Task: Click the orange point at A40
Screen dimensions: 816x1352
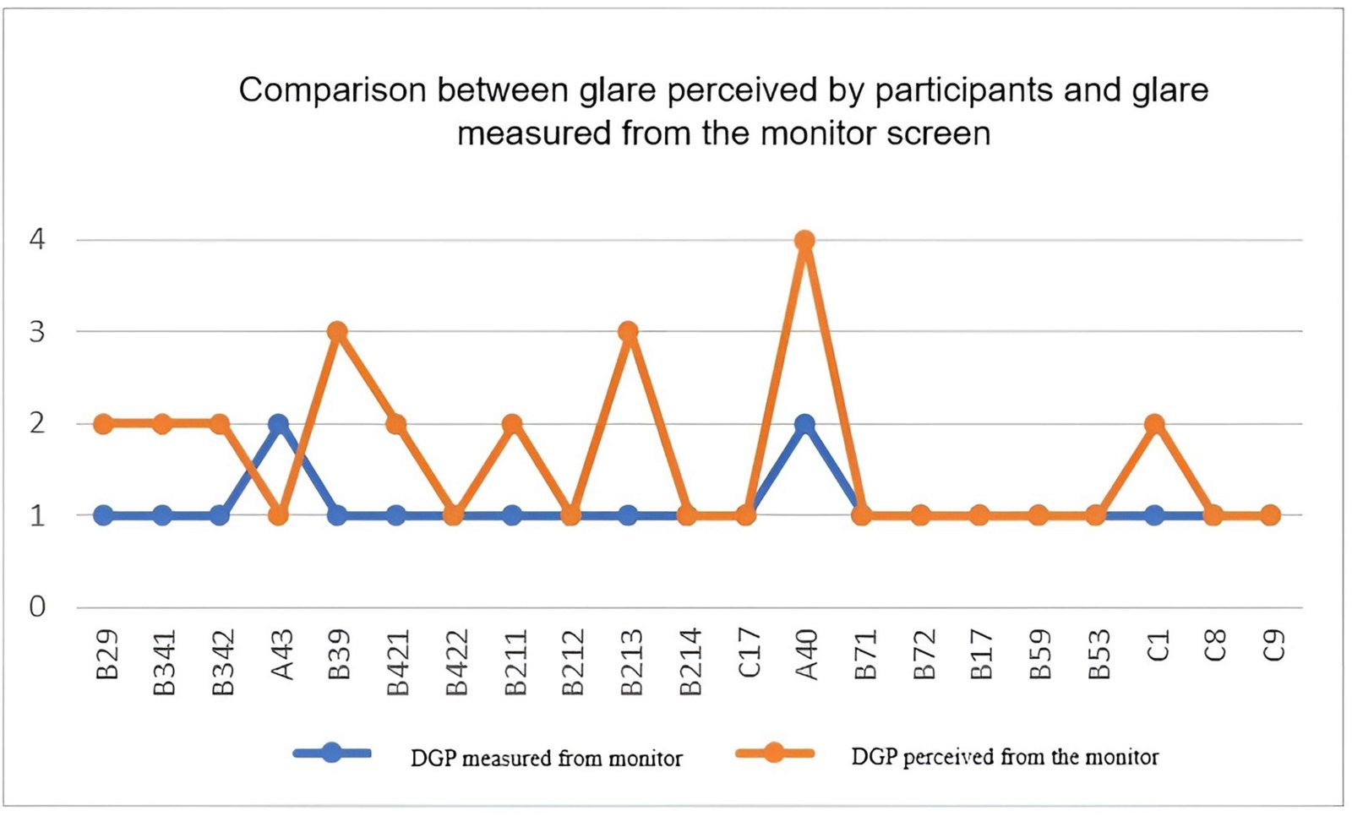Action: coord(804,241)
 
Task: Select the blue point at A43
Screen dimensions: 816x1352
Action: coord(279,423)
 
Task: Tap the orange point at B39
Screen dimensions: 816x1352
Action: coord(337,331)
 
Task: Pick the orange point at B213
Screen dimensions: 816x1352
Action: coord(628,331)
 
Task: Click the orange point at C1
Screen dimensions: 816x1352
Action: coord(1154,423)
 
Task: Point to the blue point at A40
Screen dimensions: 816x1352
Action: coord(804,423)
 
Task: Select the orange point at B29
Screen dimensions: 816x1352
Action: coord(103,423)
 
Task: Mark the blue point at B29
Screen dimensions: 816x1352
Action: coord(103,514)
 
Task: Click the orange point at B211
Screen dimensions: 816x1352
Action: coord(512,423)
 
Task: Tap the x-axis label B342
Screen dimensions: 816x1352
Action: coord(221,662)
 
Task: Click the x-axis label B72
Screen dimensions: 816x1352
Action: coord(924,655)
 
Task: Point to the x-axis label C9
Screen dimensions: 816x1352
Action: coord(1273,647)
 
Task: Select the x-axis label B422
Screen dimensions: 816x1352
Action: coord(456,662)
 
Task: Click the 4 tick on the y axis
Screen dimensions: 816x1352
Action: coord(37,240)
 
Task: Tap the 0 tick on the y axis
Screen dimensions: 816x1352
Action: coord(37,607)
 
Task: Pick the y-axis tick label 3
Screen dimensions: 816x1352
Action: coord(37,332)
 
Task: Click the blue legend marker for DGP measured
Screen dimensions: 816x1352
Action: coord(332,753)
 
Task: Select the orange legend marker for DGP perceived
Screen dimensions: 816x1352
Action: coord(774,753)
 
